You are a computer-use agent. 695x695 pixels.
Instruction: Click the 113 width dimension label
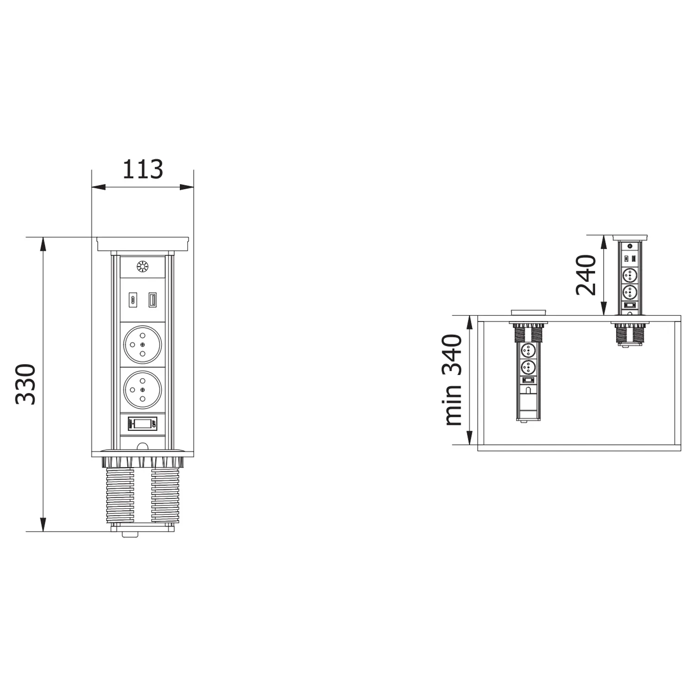coord(142,170)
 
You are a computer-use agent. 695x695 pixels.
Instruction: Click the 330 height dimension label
coord(26,384)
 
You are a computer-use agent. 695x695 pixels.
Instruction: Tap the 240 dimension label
coord(586,275)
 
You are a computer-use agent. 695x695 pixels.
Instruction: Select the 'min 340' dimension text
coord(454,380)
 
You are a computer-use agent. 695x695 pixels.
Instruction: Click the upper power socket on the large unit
coord(142,344)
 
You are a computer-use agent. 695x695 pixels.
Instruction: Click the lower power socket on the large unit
coord(142,389)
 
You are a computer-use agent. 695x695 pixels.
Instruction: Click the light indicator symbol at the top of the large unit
coord(142,266)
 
